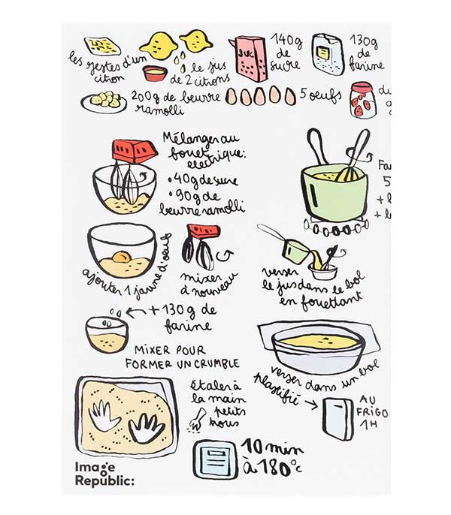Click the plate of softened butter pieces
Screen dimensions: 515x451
(x=104, y=100)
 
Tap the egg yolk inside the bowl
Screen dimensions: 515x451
(x=121, y=257)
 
